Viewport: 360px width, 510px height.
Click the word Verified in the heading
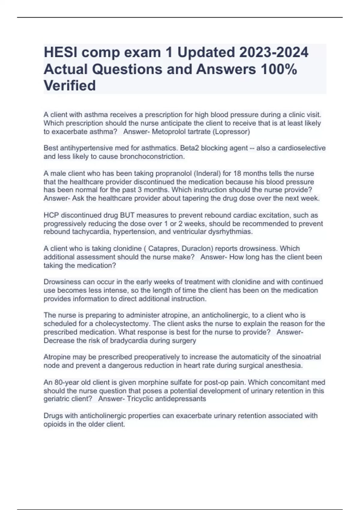click(x=70, y=85)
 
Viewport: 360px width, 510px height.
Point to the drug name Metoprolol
click(x=169, y=132)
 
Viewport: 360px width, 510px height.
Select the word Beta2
click(x=188, y=148)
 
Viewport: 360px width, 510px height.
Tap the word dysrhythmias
click(x=232, y=232)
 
